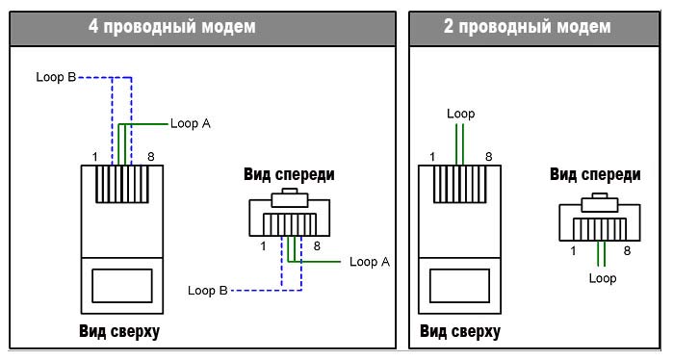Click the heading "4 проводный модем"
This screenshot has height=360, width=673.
pyautogui.click(x=172, y=27)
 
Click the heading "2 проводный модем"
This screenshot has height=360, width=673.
pyautogui.click(x=528, y=27)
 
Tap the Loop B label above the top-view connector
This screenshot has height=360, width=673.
pyautogui.click(x=56, y=77)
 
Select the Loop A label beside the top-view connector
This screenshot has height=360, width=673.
pyautogui.click(x=191, y=123)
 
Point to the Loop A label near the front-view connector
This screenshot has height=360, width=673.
pyautogui.click(x=370, y=262)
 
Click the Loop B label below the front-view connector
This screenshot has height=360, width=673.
pyautogui.click(x=208, y=291)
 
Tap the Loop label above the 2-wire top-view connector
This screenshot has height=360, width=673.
pyautogui.click(x=460, y=115)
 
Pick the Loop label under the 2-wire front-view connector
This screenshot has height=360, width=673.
pyautogui.click(x=603, y=278)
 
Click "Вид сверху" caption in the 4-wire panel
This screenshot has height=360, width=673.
pyautogui.click(x=119, y=332)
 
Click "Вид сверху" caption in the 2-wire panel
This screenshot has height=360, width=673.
pyautogui.click(x=460, y=332)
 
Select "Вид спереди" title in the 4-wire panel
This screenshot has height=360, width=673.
pyautogui.click(x=289, y=174)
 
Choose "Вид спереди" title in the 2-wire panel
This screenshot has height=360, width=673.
pyautogui.click(x=595, y=174)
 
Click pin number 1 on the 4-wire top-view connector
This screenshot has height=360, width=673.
pyautogui.click(x=95, y=157)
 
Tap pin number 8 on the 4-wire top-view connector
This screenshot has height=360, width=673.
pyautogui.click(x=150, y=157)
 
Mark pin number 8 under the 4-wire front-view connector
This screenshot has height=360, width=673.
pyautogui.click(x=317, y=246)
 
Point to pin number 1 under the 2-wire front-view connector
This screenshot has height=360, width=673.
pyautogui.click(x=573, y=251)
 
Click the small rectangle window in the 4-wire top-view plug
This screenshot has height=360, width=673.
pyautogui.click(x=122, y=286)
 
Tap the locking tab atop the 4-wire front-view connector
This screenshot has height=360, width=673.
pyautogui.click(x=290, y=197)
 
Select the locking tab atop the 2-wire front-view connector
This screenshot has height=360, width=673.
pyautogui.click(x=600, y=202)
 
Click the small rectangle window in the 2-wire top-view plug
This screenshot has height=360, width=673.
pyautogui.click(x=459, y=286)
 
